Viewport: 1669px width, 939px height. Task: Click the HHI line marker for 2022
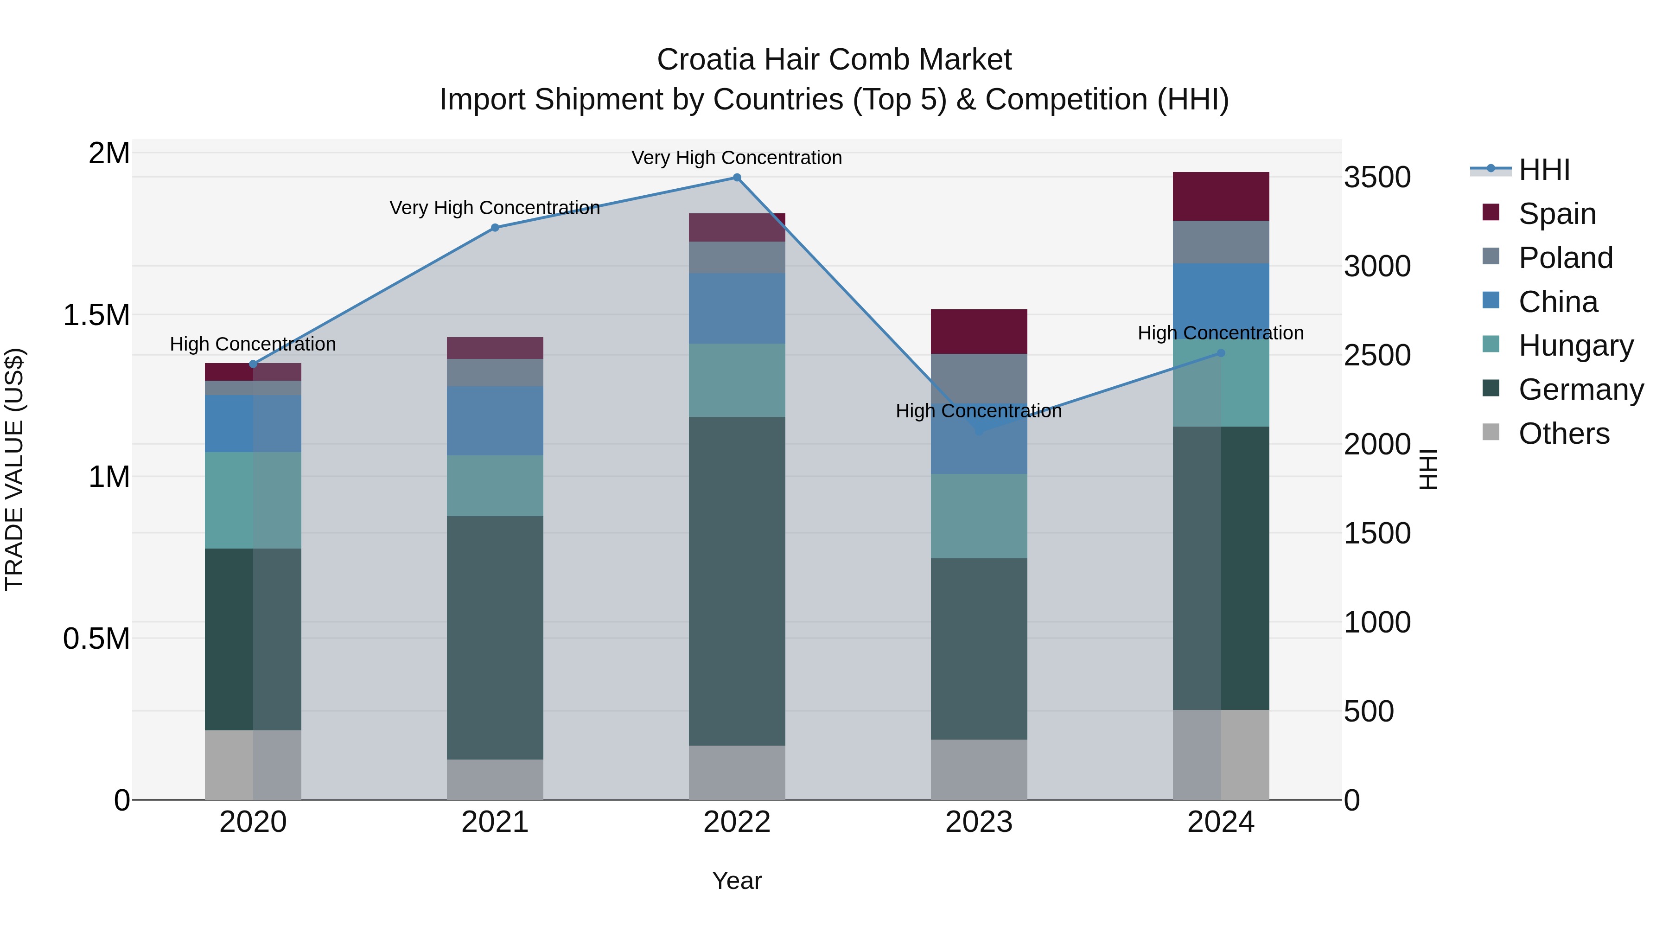click(737, 178)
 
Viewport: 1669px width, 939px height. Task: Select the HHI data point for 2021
click(495, 228)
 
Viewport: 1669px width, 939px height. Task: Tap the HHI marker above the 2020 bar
click(253, 364)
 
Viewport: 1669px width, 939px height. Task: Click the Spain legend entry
click(1556, 214)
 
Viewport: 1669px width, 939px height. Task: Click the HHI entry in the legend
click(1543, 170)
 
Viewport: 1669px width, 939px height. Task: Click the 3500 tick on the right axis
click(1377, 178)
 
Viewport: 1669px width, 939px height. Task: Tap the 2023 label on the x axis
click(978, 822)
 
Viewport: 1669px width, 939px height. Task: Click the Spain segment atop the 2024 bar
click(1221, 196)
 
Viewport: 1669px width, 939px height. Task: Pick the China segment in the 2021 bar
click(495, 421)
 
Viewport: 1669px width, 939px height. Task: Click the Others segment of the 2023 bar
click(978, 769)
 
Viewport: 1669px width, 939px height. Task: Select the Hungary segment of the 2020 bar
click(253, 500)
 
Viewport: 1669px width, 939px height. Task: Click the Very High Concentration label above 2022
click(737, 158)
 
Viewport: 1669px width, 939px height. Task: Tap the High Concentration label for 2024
click(1221, 333)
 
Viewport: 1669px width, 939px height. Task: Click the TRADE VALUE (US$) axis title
click(14, 469)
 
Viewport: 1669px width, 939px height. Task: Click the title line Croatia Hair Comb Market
click(834, 60)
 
